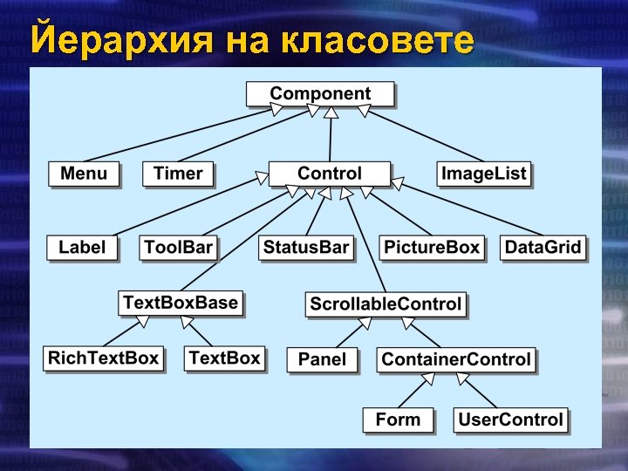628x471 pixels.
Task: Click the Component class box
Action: coord(320,94)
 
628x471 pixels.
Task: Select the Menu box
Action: coord(84,174)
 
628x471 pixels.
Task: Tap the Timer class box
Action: coord(178,174)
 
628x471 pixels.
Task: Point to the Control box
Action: coord(329,174)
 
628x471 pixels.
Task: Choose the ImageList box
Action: coord(483,174)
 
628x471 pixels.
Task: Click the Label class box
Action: coord(82,248)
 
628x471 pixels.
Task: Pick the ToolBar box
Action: coord(178,248)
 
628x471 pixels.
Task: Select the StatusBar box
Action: coord(306,248)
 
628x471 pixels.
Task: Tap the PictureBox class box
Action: coord(433,248)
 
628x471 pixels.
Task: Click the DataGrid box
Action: coord(543,248)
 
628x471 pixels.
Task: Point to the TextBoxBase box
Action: coord(181,303)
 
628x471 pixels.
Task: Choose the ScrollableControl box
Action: coord(386,304)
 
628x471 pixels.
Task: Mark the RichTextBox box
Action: coord(104,358)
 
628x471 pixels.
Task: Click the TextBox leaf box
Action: coord(224,358)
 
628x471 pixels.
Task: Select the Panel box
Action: coord(322,359)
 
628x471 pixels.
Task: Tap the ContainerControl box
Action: coord(455,359)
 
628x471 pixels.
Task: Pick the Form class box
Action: coord(397,420)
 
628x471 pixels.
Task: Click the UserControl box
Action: coord(511,420)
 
